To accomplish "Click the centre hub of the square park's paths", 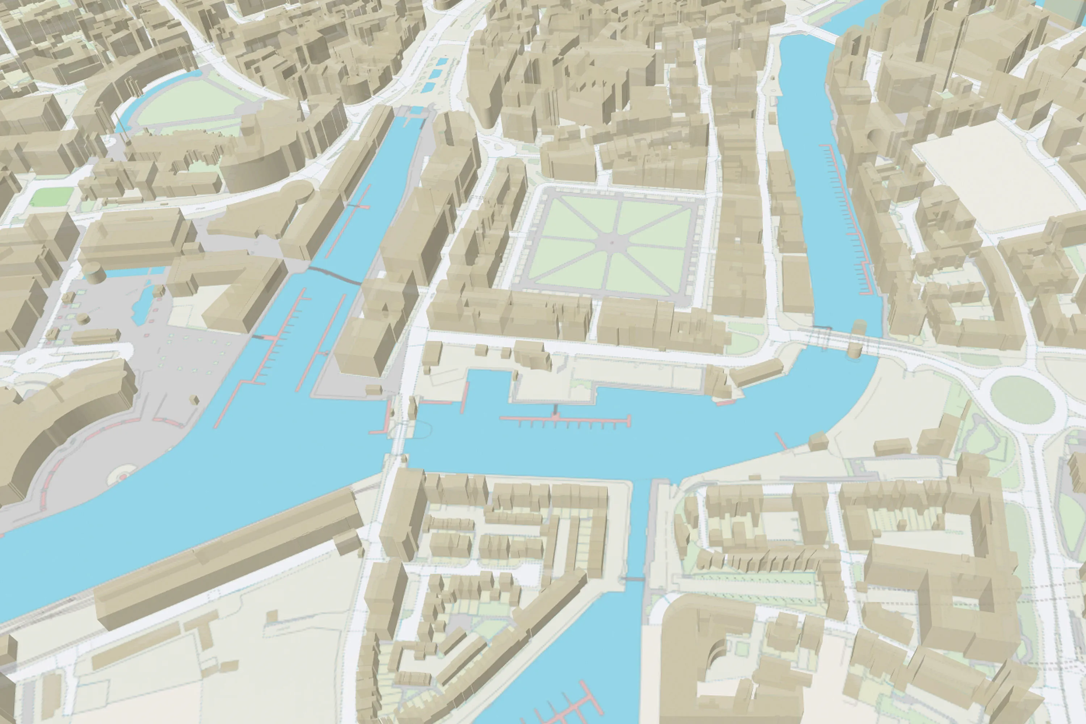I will tap(611, 241).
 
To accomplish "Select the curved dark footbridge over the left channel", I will tap(335, 275).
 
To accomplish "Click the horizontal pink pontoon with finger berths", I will tap(565, 419).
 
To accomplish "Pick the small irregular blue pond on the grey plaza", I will tap(142, 305).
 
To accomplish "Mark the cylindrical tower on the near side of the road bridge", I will tap(855, 349).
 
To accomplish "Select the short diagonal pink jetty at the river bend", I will tap(781, 441).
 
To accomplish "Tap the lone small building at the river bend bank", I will tap(818, 441).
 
